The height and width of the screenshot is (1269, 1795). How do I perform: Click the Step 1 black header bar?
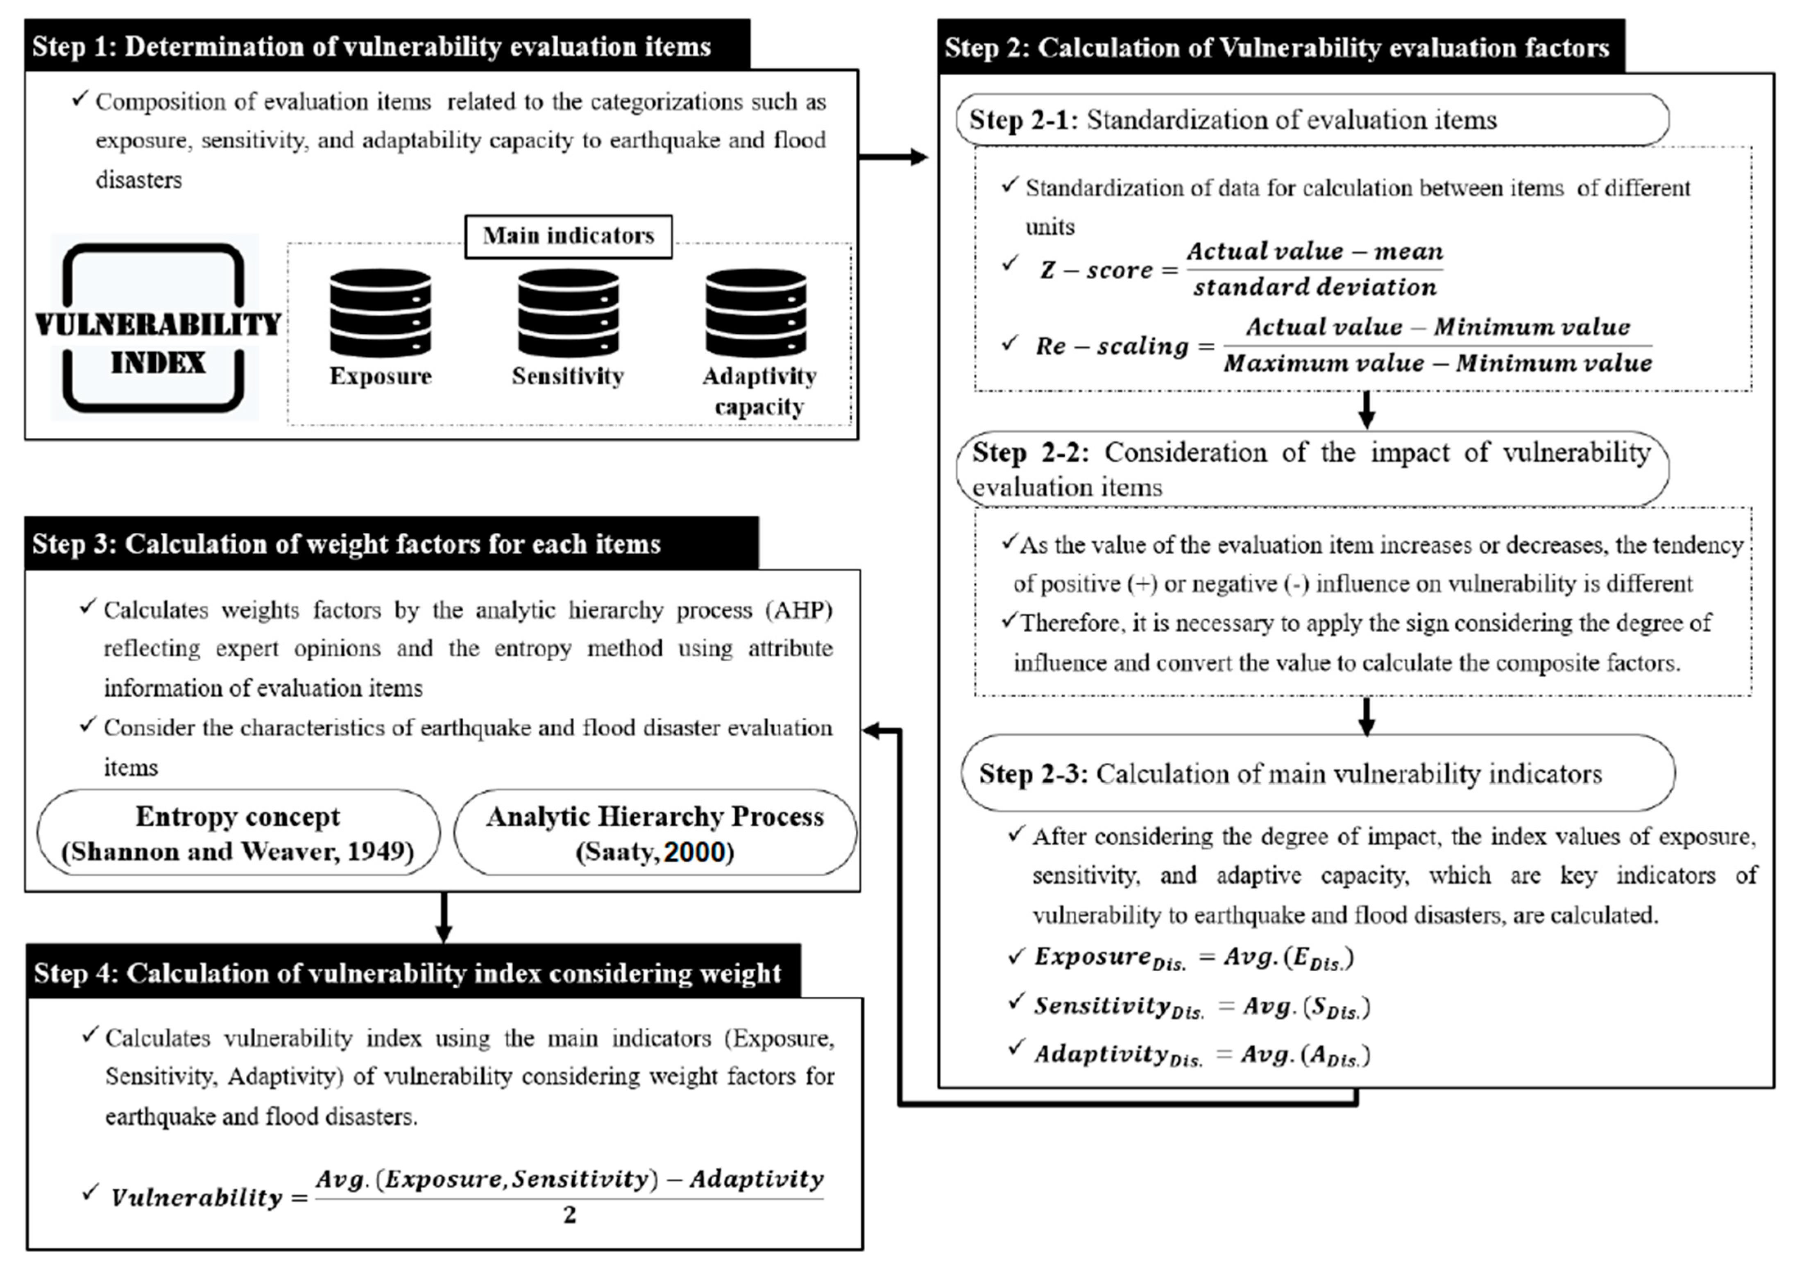pos(387,46)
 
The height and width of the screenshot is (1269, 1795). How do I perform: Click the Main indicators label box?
pos(569,236)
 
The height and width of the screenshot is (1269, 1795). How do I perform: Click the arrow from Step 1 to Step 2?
pos(893,157)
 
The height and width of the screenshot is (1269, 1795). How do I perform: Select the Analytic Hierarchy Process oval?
pos(655,833)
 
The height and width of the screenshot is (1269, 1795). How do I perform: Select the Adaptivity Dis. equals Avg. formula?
pos(1202,1054)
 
